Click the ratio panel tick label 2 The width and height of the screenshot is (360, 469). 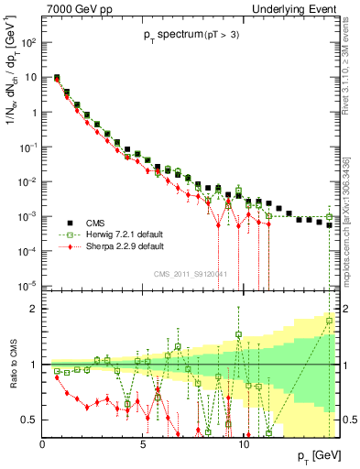(x=34, y=309)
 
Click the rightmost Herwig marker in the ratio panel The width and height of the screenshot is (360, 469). (x=330, y=320)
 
